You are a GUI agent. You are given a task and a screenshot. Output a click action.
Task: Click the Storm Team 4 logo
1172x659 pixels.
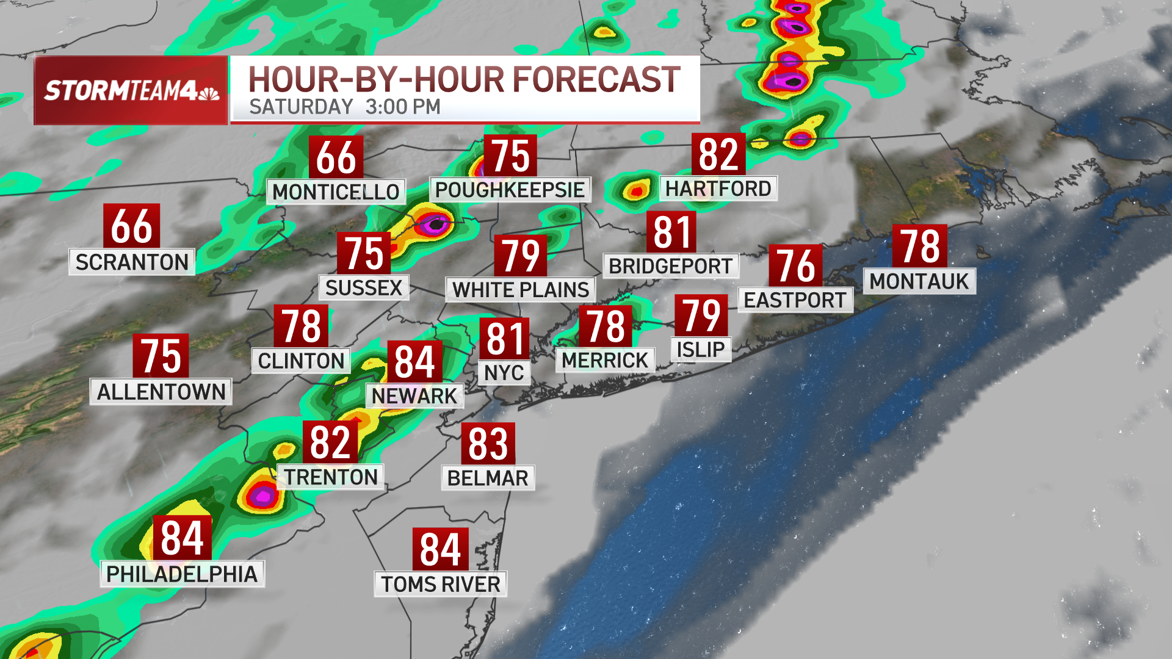(131, 90)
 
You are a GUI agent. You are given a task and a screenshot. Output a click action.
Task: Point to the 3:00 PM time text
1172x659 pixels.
(403, 107)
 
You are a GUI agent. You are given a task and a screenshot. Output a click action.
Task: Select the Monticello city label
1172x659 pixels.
(336, 192)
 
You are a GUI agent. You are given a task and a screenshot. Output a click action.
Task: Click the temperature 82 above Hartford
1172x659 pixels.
(718, 154)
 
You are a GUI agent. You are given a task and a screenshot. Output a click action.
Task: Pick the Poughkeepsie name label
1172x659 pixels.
(510, 190)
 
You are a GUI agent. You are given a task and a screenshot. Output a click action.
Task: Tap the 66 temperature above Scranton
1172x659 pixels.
(131, 226)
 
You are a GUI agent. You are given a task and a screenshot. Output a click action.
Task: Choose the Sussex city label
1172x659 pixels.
(364, 287)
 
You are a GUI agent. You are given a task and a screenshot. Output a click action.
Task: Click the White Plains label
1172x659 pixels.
(521, 289)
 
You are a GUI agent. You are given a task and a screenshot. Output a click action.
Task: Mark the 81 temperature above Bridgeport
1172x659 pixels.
(671, 232)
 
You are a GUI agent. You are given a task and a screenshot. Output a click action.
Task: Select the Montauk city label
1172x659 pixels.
(919, 281)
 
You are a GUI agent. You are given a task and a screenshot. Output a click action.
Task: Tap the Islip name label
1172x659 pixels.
(701, 350)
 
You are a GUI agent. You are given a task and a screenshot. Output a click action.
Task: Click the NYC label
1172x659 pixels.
(504, 372)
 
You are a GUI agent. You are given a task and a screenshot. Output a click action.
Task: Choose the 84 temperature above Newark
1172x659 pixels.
(414, 362)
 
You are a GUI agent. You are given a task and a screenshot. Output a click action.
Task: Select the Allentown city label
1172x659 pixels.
(161, 392)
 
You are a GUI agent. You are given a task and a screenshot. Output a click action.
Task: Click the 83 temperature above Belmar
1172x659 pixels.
(488, 444)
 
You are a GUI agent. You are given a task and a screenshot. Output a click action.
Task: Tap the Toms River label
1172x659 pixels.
(441, 584)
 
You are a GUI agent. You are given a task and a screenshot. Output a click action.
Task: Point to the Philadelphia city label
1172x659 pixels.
(182, 574)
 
